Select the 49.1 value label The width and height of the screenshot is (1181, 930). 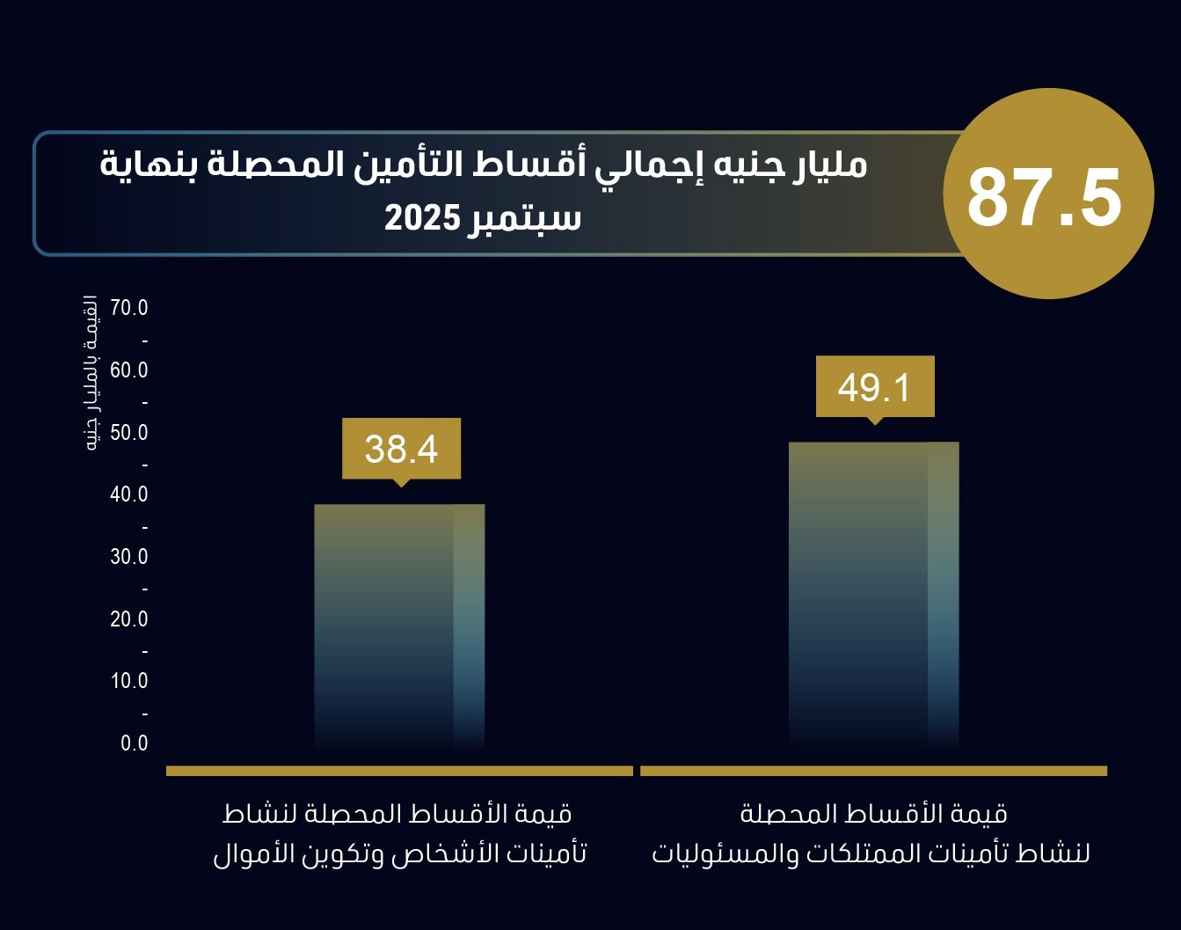(x=874, y=387)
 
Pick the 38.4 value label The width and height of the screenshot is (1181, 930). (x=401, y=449)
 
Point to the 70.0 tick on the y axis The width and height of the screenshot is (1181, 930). (x=129, y=308)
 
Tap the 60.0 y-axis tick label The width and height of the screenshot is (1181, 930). (x=129, y=370)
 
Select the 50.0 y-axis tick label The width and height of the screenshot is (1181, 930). (x=129, y=433)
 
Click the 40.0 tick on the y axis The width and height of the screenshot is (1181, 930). (x=129, y=494)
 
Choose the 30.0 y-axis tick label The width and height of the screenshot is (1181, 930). (x=129, y=557)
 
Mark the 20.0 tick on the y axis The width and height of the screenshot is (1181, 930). (x=129, y=619)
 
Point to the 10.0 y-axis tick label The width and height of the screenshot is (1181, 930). (x=129, y=681)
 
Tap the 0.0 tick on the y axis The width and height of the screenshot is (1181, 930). (x=135, y=743)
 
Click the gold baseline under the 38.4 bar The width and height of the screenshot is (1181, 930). (x=399, y=771)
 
